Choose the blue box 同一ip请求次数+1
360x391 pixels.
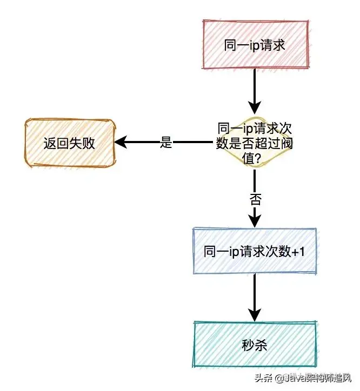point(255,252)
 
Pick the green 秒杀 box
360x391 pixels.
point(255,344)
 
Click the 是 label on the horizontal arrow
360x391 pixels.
point(166,143)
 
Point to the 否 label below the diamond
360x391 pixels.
point(255,199)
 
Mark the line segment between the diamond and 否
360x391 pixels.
point(255,181)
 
